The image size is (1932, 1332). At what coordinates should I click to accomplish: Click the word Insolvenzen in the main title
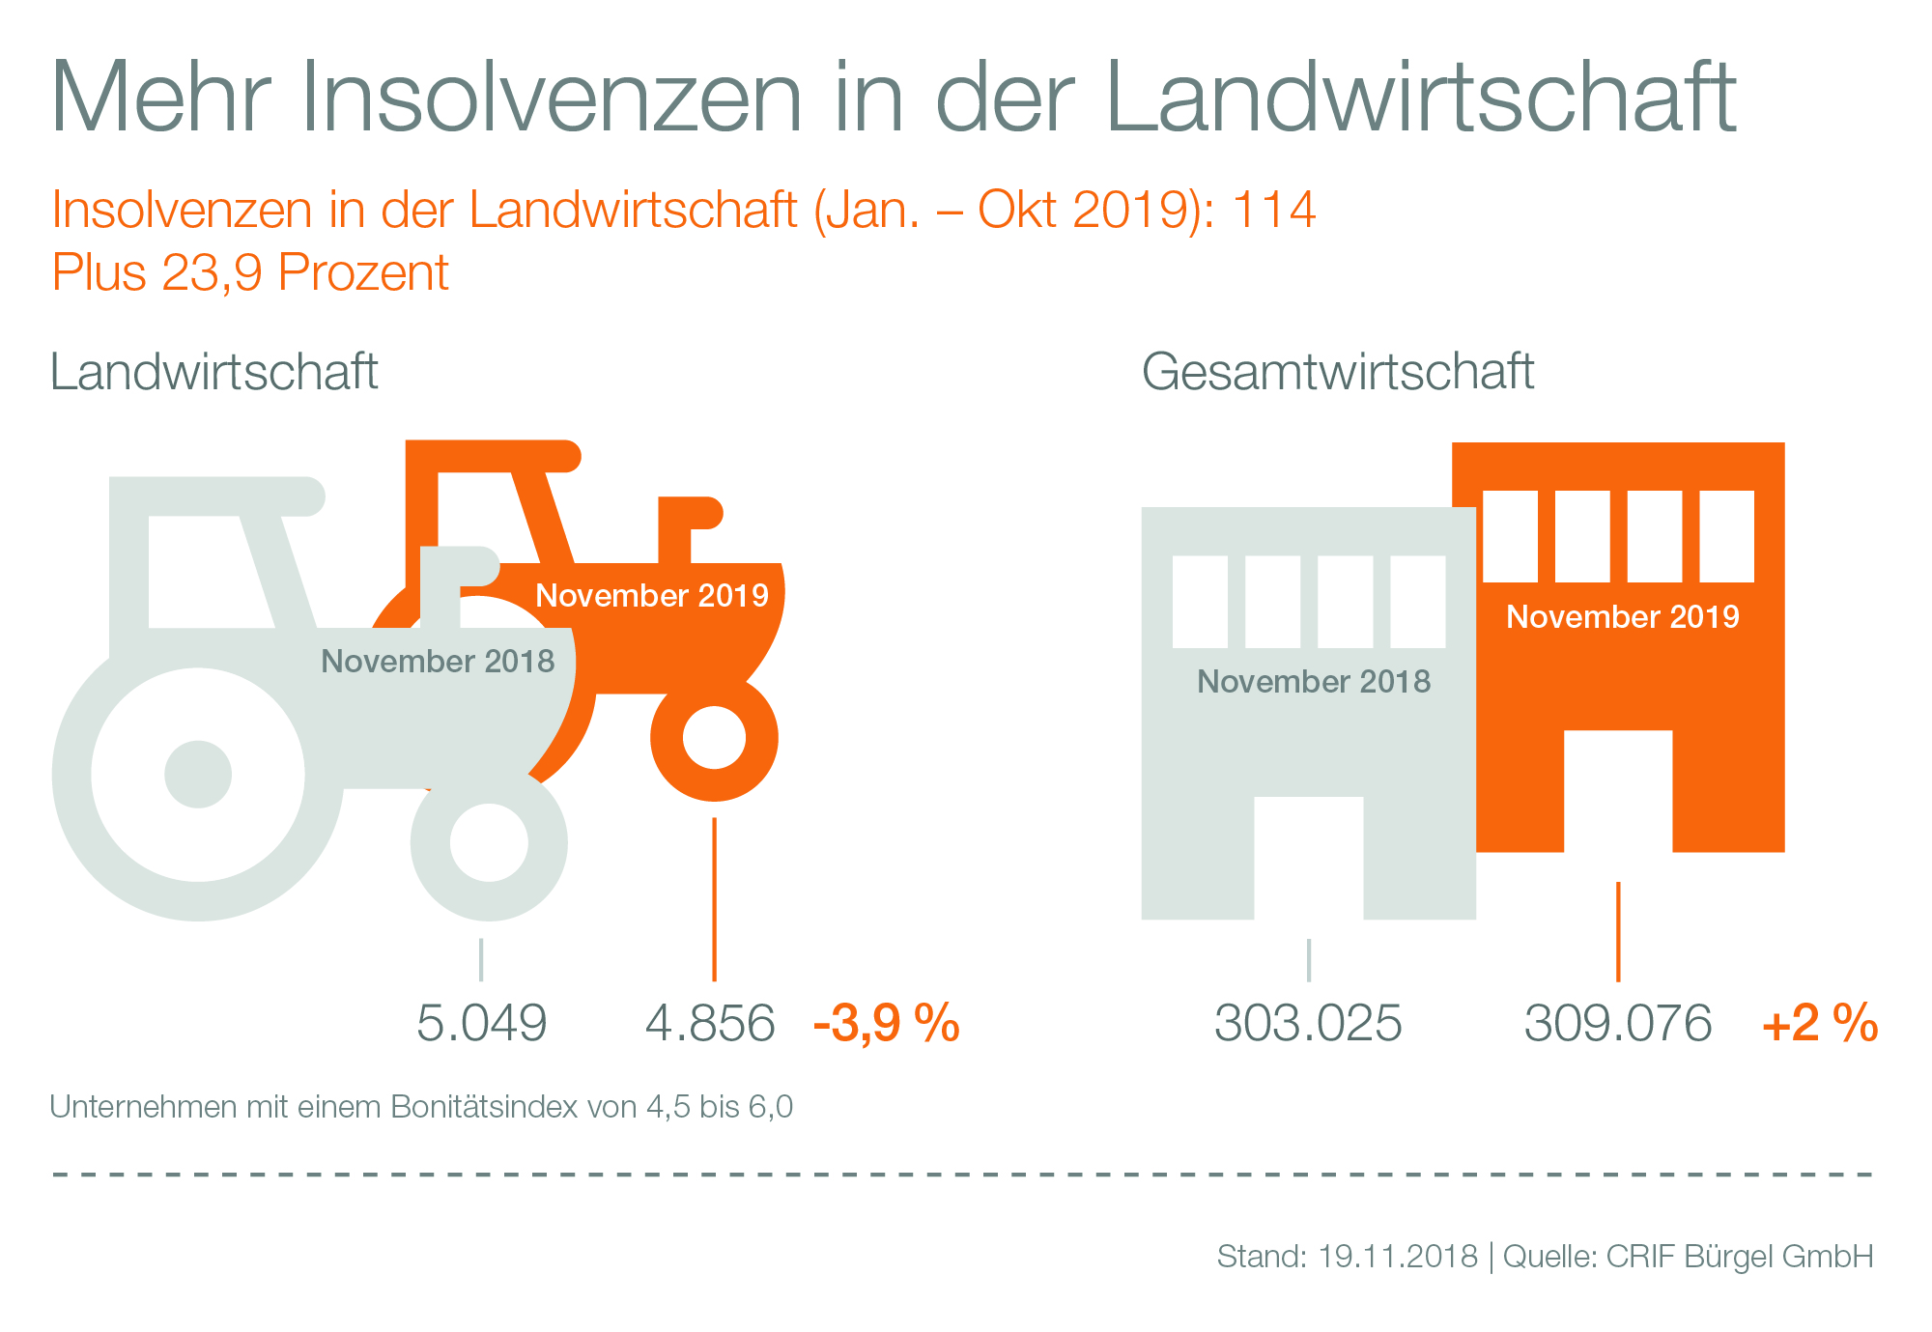[552, 97]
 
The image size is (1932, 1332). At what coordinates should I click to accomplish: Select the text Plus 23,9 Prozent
[250, 272]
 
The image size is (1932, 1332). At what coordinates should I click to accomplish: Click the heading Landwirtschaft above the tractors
[213, 372]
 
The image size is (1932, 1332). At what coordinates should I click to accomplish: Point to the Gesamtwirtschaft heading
[1338, 372]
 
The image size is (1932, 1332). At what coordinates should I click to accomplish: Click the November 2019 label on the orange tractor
[652, 595]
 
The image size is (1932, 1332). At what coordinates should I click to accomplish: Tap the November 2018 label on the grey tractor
[438, 662]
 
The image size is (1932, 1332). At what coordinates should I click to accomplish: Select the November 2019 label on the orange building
[1623, 616]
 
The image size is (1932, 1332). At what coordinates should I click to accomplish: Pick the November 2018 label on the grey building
[1314, 682]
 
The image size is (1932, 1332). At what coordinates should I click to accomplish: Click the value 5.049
[481, 1023]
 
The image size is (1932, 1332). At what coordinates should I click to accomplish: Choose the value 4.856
[710, 1023]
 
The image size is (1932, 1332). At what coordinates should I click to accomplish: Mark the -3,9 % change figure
[887, 1023]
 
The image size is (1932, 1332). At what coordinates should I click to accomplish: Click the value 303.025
[1308, 1023]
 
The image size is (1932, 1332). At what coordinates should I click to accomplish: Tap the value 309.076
[1618, 1023]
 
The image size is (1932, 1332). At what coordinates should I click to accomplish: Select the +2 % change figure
[1820, 1023]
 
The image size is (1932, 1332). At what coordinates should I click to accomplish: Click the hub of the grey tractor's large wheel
[198, 774]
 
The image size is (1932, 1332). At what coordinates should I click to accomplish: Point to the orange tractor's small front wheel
[714, 739]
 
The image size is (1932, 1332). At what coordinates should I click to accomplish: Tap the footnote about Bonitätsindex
[421, 1107]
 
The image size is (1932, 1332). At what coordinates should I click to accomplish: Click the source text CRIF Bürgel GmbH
[1739, 1256]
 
